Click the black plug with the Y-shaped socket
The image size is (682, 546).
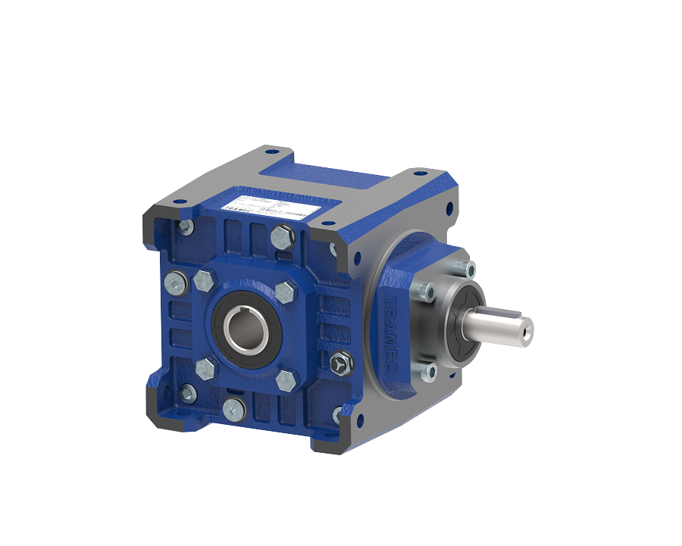point(341,364)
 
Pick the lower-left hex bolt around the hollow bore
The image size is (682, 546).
point(205,370)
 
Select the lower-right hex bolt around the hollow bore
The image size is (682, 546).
point(286,380)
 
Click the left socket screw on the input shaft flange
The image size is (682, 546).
point(426,289)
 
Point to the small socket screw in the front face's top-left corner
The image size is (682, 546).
point(185,227)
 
